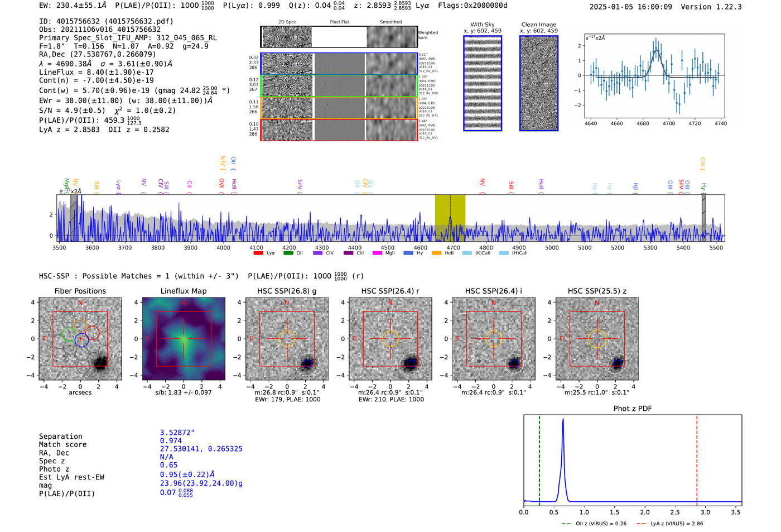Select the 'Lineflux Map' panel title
(184, 291)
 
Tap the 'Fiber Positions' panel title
(80, 291)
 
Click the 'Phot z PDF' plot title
(633, 409)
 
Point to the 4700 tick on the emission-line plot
(668, 123)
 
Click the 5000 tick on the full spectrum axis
(552, 248)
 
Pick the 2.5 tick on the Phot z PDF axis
(675, 512)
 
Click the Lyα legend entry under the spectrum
(266, 253)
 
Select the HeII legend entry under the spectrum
(444, 253)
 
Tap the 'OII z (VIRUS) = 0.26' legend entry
(595, 524)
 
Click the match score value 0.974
(171, 441)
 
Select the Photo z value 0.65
(168, 465)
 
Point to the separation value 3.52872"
(177, 433)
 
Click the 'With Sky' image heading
(483, 25)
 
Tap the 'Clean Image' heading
(539, 25)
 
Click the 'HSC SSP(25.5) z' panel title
(597, 291)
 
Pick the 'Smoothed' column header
(391, 22)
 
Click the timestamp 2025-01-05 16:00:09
(631, 7)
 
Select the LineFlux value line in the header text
(97, 72)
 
